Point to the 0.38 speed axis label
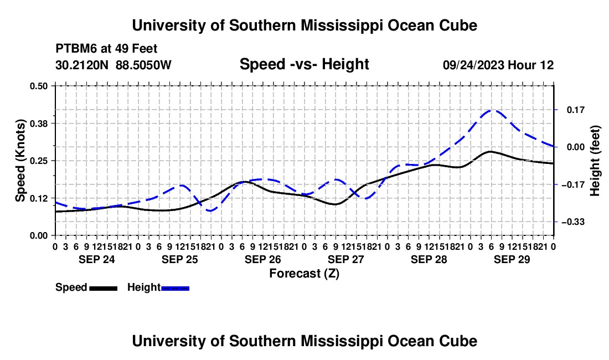pos(38,124)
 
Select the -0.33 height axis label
pos(573,222)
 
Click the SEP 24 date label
pos(97,259)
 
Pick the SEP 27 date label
pos(345,259)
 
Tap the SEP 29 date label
pos(512,259)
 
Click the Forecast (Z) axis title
pos(304,274)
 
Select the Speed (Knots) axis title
pos(20,161)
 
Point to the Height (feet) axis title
pos(595,161)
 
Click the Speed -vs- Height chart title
pos(304,64)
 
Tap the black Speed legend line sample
pos(104,288)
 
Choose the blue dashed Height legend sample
pos(175,288)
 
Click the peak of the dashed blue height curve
pos(492,110)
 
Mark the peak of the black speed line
pos(491,151)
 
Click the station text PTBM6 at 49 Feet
pos(106,49)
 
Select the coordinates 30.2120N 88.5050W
pos(113,65)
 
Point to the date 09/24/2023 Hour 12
pos(498,65)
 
